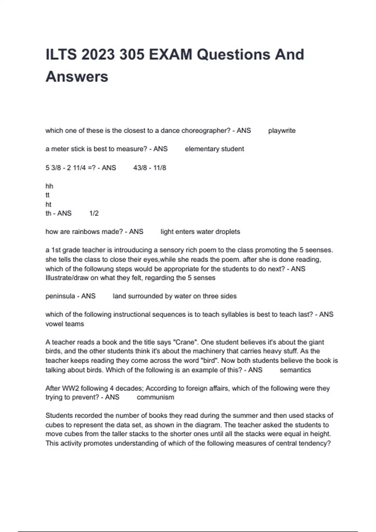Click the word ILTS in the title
tap(61, 54)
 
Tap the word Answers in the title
tap(77, 77)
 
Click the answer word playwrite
tap(282, 130)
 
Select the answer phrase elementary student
tap(214, 149)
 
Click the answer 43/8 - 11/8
tap(149, 168)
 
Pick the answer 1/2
tap(94, 213)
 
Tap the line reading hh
tap(49, 186)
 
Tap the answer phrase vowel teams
tap(65, 324)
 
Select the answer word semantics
tap(295, 370)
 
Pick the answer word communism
tap(155, 397)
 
